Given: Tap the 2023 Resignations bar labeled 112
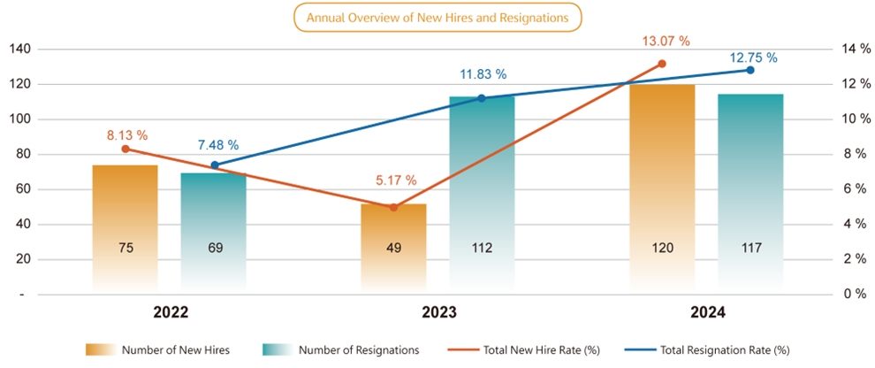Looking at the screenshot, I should pyautogui.click(x=482, y=195).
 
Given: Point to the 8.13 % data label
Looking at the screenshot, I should pyautogui.click(x=126, y=135).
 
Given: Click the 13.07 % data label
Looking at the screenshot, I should pyautogui.click(x=666, y=41).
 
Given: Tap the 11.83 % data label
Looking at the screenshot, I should pyautogui.click(x=483, y=74).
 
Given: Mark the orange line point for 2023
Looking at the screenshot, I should pyautogui.click(x=393, y=207).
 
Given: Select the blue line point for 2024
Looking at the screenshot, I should pyautogui.click(x=750, y=70).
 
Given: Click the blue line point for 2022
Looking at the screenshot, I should pyautogui.click(x=215, y=165).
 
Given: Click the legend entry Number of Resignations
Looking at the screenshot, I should pyautogui.click(x=339, y=350).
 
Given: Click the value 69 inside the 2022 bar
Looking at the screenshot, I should pyautogui.click(x=214, y=248).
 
